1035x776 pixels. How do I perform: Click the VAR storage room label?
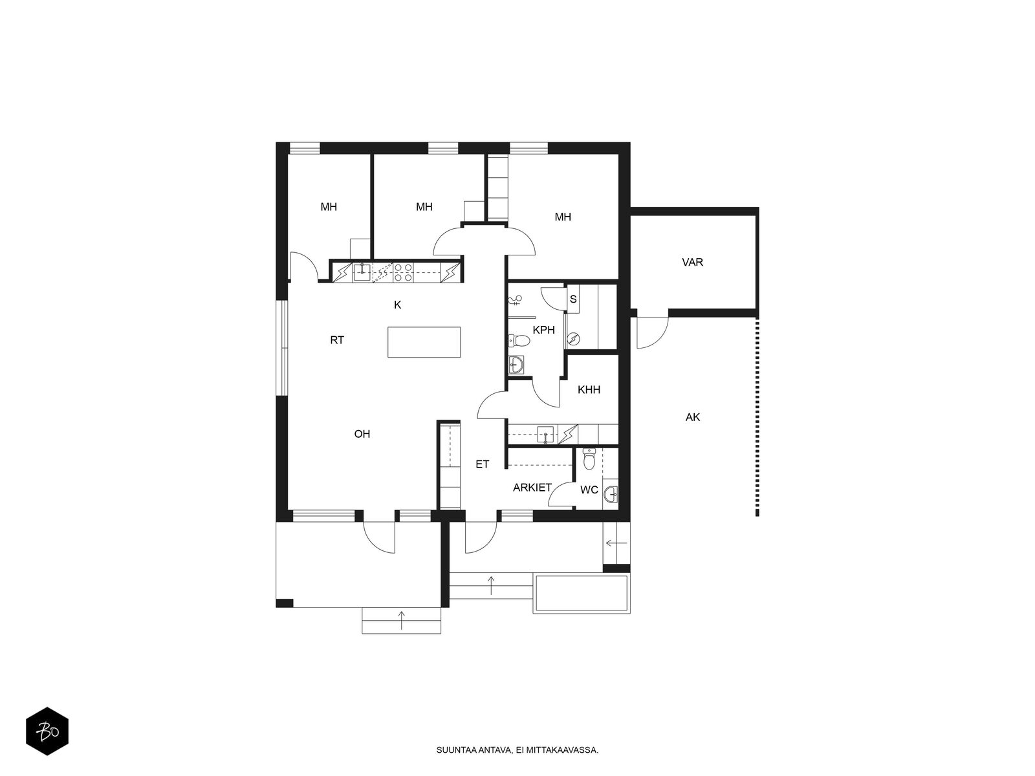(692, 263)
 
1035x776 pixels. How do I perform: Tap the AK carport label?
(693, 418)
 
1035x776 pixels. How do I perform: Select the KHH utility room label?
(589, 390)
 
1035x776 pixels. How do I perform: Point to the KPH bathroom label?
(544, 330)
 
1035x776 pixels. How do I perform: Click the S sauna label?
(573, 299)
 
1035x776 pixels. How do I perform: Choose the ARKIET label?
(532, 488)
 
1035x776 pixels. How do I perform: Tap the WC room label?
(589, 490)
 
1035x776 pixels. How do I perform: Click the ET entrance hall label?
(483, 464)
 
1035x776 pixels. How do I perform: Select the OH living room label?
(362, 434)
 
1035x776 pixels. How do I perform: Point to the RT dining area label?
(337, 340)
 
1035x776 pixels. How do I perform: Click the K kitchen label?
(398, 305)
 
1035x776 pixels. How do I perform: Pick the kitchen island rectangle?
(424, 342)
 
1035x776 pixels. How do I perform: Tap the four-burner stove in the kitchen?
(404, 272)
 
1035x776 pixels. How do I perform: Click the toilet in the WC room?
(589, 458)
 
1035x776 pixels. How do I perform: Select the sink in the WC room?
(610, 495)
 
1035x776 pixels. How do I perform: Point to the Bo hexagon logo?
(47, 733)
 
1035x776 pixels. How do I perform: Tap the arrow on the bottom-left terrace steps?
(402, 621)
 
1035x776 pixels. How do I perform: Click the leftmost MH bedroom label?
(329, 208)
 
